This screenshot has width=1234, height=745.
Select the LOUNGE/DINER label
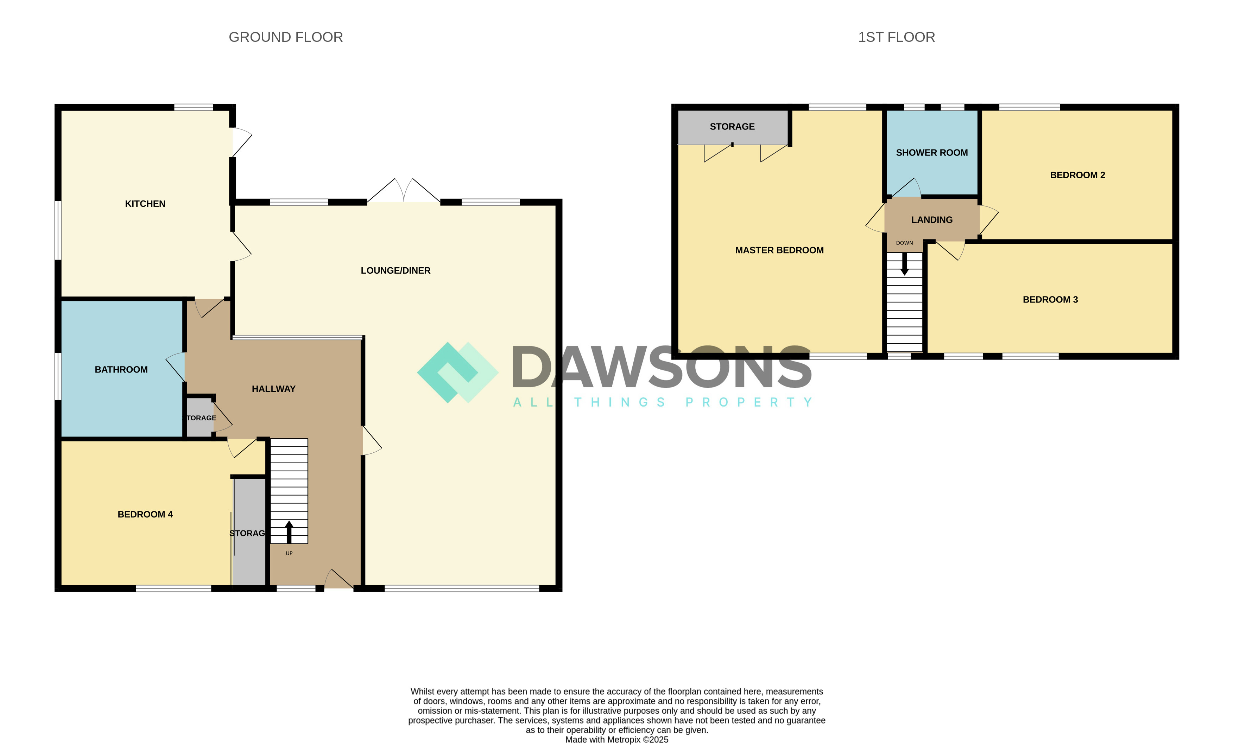click(395, 270)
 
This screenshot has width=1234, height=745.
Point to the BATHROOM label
click(121, 369)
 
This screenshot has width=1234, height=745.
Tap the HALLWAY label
click(273, 389)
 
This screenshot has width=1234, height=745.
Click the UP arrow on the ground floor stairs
click(289, 532)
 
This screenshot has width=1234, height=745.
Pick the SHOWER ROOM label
click(931, 153)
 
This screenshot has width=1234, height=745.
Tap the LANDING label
click(931, 220)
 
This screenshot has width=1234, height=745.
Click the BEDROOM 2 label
click(1077, 175)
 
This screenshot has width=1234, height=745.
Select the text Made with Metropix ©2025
click(616, 739)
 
